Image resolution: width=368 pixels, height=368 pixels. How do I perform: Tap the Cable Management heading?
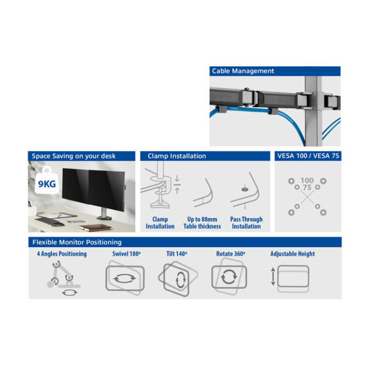(243, 71)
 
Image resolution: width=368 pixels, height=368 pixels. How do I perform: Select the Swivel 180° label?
(126, 254)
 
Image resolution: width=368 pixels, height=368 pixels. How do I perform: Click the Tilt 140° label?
(177, 254)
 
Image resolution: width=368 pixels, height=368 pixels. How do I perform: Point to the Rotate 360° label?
(231, 254)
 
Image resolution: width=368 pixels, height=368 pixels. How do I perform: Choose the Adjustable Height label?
(292, 254)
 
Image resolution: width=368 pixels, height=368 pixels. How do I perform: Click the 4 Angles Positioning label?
(62, 254)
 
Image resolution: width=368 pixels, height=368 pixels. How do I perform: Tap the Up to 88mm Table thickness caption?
(202, 223)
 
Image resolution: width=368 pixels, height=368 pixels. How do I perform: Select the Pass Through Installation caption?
(246, 223)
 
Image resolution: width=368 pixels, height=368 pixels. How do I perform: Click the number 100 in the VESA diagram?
(307, 180)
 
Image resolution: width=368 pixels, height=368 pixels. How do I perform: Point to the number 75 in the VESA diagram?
(307, 188)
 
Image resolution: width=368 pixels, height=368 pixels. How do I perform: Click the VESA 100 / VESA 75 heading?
(308, 156)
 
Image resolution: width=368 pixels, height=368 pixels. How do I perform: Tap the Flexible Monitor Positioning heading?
(77, 242)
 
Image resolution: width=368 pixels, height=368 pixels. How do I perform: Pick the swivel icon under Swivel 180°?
(125, 278)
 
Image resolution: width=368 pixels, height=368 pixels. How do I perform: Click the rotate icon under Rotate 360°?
(229, 277)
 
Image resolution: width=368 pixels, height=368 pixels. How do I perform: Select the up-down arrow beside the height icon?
(273, 277)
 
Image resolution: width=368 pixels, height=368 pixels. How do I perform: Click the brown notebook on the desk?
(95, 228)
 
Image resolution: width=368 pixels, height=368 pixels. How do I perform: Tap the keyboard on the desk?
(46, 220)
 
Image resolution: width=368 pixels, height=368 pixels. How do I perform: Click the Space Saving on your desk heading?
(74, 156)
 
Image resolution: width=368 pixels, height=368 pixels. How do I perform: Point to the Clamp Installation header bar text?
(177, 156)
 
